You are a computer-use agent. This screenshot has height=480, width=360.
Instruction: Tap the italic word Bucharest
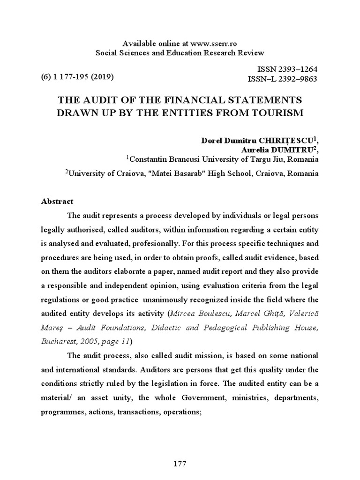[x=57, y=341]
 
